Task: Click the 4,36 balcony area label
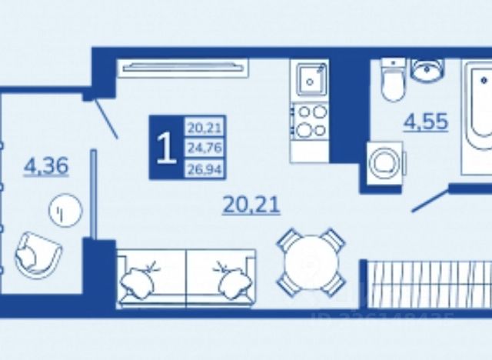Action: (x=47, y=165)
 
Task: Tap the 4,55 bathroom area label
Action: (x=426, y=121)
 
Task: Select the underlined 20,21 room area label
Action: (x=251, y=205)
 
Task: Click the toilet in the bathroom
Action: (x=392, y=81)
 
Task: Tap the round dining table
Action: (x=311, y=262)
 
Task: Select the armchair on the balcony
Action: (x=38, y=253)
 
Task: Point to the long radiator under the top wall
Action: (x=184, y=68)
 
